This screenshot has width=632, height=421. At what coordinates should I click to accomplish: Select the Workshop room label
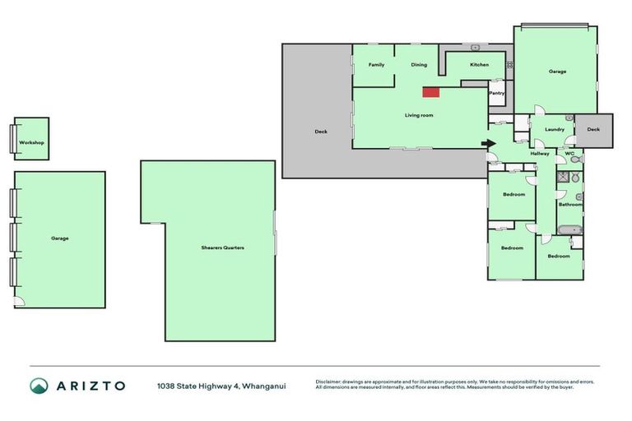click(x=31, y=143)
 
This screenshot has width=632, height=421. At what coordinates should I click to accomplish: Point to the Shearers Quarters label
click(x=223, y=248)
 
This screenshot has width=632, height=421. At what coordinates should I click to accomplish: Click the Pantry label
click(x=497, y=93)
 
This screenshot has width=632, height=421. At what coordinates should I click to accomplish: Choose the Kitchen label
click(x=479, y=64)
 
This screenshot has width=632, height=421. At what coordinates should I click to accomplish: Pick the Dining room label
click(x=419, y=64)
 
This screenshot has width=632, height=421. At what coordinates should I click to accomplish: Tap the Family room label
click(x=376, y=64)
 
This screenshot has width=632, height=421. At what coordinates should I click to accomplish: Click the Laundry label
click(x=555, y=129)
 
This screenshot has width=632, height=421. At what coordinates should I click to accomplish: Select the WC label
click(x=569, y=153)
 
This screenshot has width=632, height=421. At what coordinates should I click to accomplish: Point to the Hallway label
click(x=540, y=153)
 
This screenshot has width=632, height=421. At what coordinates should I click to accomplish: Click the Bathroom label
click(x=570, y=204)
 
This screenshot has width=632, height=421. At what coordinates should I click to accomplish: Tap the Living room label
click(x=419, y=115)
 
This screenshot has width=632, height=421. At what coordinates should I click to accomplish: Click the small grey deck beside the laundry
click(x=593, y=130)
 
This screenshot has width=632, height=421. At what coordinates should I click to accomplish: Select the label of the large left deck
click(x=321, y=132)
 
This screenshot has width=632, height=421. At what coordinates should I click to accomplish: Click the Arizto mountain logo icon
click(x=39, y=386)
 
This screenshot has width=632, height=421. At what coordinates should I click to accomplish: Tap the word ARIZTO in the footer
click(x=91, y=386)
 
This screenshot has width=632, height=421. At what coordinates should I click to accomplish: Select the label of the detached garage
click(x=59, y=238)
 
